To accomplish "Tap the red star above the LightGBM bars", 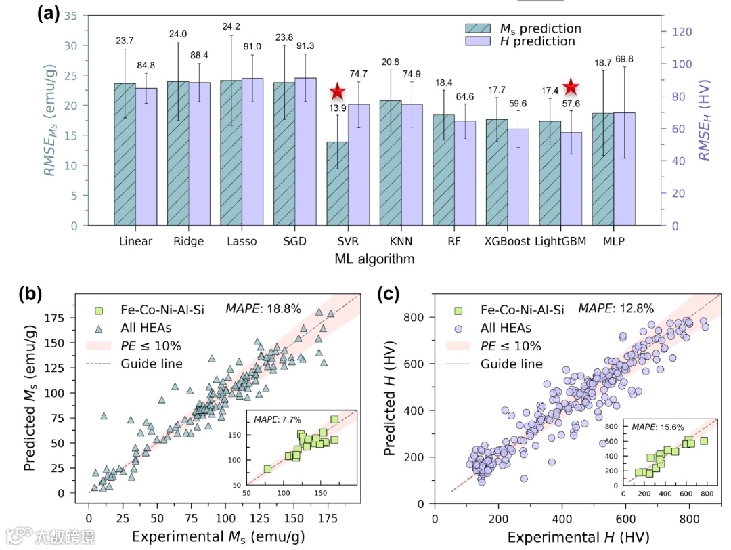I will tap(571, 87).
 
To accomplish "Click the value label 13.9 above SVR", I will tap(337, 108).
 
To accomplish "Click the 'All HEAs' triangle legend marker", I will tap(98, 329).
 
